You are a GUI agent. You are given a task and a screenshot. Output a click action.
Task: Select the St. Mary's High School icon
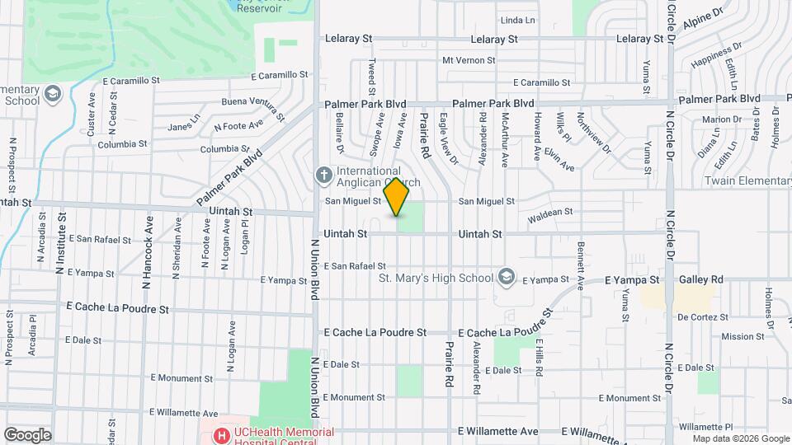tap(507, 277)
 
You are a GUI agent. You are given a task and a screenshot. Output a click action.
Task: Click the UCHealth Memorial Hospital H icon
tap(220, 434)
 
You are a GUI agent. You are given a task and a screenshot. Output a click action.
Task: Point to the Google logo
tap(27, 435)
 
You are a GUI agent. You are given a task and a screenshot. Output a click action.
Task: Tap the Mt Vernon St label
tap(469, 60)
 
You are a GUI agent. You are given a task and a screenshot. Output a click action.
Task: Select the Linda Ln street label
tap(518, 20)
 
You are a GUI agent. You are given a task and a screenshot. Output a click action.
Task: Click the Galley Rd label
tap(701, 280)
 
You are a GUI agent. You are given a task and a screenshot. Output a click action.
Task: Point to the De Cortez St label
tap(703, 316)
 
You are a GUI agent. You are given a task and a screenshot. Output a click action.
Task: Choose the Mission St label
tap(742, 336)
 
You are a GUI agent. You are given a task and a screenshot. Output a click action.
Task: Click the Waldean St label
tap(550, 213)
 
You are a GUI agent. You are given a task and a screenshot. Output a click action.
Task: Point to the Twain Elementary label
tap(747, 181)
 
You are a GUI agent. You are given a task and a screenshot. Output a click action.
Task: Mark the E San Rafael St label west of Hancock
tap(100, 240)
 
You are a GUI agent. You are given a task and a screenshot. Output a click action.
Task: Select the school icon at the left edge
tap(52, 94)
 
